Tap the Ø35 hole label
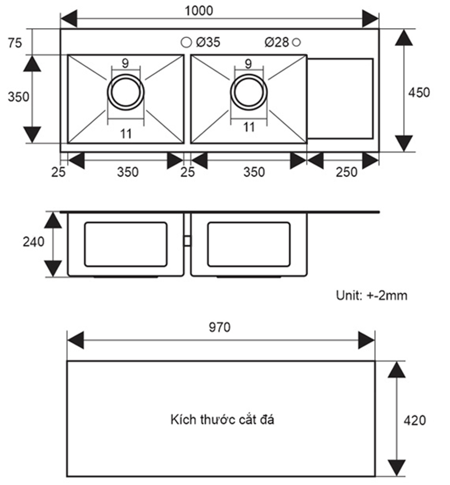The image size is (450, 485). [208, 42]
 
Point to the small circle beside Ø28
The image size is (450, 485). [297, 42]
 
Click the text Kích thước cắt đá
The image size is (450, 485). [222, 419]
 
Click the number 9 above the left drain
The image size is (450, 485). [125, 63]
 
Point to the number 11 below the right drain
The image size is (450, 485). [249, 127]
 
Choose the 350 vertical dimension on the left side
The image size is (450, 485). [19, 97]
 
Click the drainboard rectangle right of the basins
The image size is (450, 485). [340, 98]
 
